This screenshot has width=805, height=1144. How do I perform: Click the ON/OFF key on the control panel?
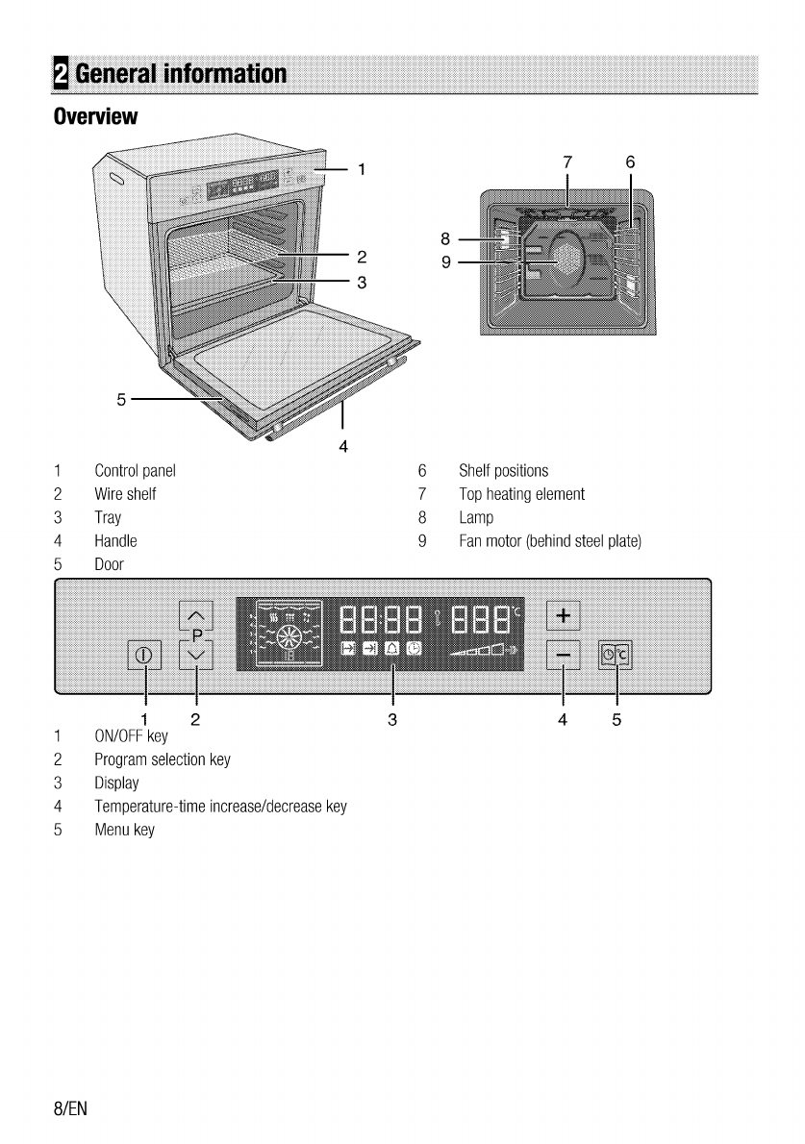coord(144,656)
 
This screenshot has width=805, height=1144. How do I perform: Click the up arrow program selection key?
coord(196,616)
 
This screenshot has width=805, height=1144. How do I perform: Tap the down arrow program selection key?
coord(196,656)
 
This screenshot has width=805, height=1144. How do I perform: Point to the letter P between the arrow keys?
coord(197,635)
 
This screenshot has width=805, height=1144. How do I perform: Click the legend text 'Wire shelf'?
coord(125,494)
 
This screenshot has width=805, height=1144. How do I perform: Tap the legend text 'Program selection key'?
coord(162,759)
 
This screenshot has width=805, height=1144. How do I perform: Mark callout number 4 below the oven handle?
coord(342,445)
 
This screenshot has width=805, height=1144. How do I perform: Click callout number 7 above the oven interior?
coord(567,162)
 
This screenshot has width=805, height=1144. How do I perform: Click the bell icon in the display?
coord(392,649)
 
